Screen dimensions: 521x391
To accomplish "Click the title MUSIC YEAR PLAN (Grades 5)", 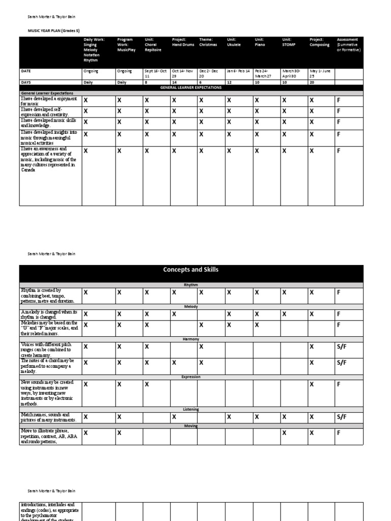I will point(53,31).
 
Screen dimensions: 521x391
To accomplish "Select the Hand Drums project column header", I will point(180,42).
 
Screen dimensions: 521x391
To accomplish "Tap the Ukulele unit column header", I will point(234,42).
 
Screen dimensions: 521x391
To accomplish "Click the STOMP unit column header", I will point(289,42).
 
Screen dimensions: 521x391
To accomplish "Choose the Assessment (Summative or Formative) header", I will point(348,45).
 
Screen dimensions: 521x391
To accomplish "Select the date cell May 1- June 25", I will point(321,73).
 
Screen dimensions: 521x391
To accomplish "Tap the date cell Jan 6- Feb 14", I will point(239,71).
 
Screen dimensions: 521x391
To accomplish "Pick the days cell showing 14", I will point(175,82).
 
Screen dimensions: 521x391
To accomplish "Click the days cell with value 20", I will point(312,82).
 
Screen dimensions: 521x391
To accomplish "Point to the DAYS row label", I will point(26,82).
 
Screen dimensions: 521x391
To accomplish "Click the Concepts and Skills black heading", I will point(191,270).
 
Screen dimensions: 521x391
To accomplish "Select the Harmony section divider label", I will point(191,339).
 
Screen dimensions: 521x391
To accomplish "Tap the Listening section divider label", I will point(191,409).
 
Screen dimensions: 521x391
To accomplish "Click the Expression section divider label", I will point(191,377).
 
